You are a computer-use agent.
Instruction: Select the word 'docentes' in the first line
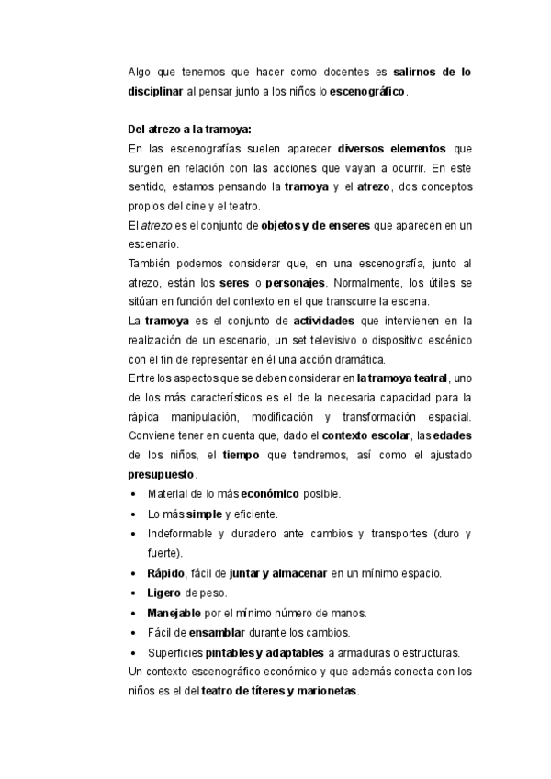[350, 72]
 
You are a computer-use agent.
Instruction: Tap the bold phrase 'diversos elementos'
[391, 148]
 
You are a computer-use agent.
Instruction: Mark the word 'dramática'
[335, 359]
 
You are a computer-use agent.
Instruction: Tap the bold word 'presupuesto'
[161, 475]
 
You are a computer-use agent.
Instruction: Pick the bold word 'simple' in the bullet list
[204, 514]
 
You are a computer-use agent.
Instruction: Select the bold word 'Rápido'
[165, 573]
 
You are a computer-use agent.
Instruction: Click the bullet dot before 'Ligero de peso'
[134, 593]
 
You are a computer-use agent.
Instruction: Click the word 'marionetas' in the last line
[322, 691]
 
